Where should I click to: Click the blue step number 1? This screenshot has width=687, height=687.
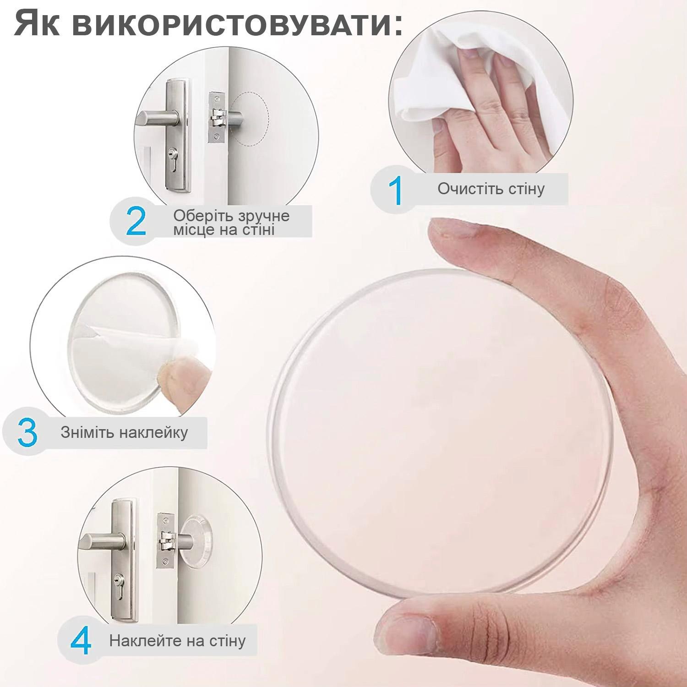[x=395, y=190]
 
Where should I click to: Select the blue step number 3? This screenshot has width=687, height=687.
[x=27, y=432]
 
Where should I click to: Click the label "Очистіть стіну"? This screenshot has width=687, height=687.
[x=491, y=189]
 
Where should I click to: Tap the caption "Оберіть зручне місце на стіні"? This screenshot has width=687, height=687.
[x=231, y=222]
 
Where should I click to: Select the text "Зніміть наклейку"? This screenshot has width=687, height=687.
[x=124, y=432]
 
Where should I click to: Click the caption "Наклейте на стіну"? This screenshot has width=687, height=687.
[x=177, y=640]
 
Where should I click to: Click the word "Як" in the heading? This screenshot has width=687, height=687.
[x=37, y=23]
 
